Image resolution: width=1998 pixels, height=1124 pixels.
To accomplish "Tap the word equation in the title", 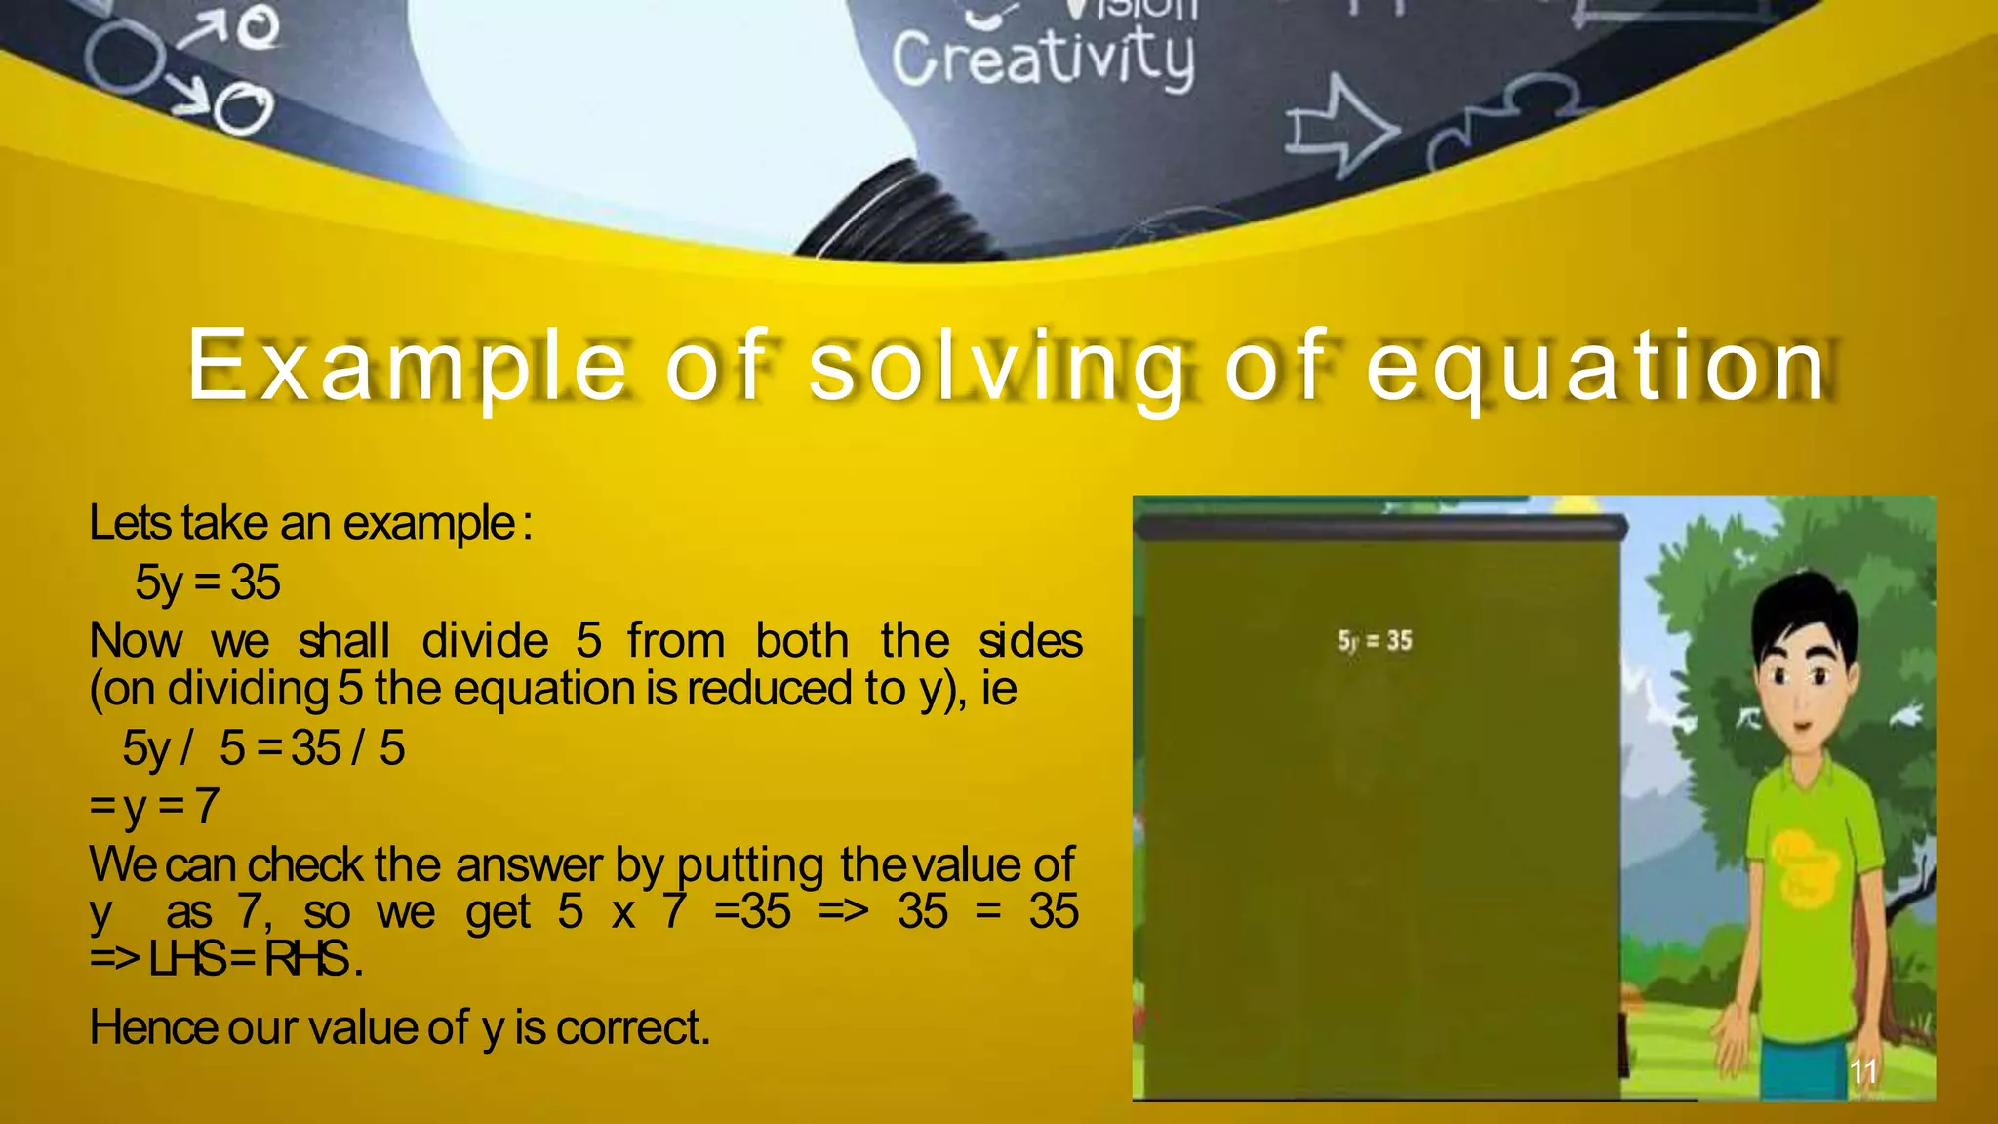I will [x=1596, y=366].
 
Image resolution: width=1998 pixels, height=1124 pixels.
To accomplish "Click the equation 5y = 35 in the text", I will [x=208, y=582].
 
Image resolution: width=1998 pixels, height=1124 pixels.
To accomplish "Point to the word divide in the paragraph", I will [x=485, y=641].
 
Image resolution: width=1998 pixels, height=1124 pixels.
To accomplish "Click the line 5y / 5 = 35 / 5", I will [x=263, y=748].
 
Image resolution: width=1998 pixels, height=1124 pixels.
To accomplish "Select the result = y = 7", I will [x=154, y=806].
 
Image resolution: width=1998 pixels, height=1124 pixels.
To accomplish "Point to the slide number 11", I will [x=1863, y=1071].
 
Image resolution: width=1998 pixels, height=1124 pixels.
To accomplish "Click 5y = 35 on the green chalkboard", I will [x=1375, y=641].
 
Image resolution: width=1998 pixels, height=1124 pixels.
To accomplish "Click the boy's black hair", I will [x=1805, y=605].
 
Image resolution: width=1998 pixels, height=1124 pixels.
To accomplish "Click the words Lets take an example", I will [x=309, y=523].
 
